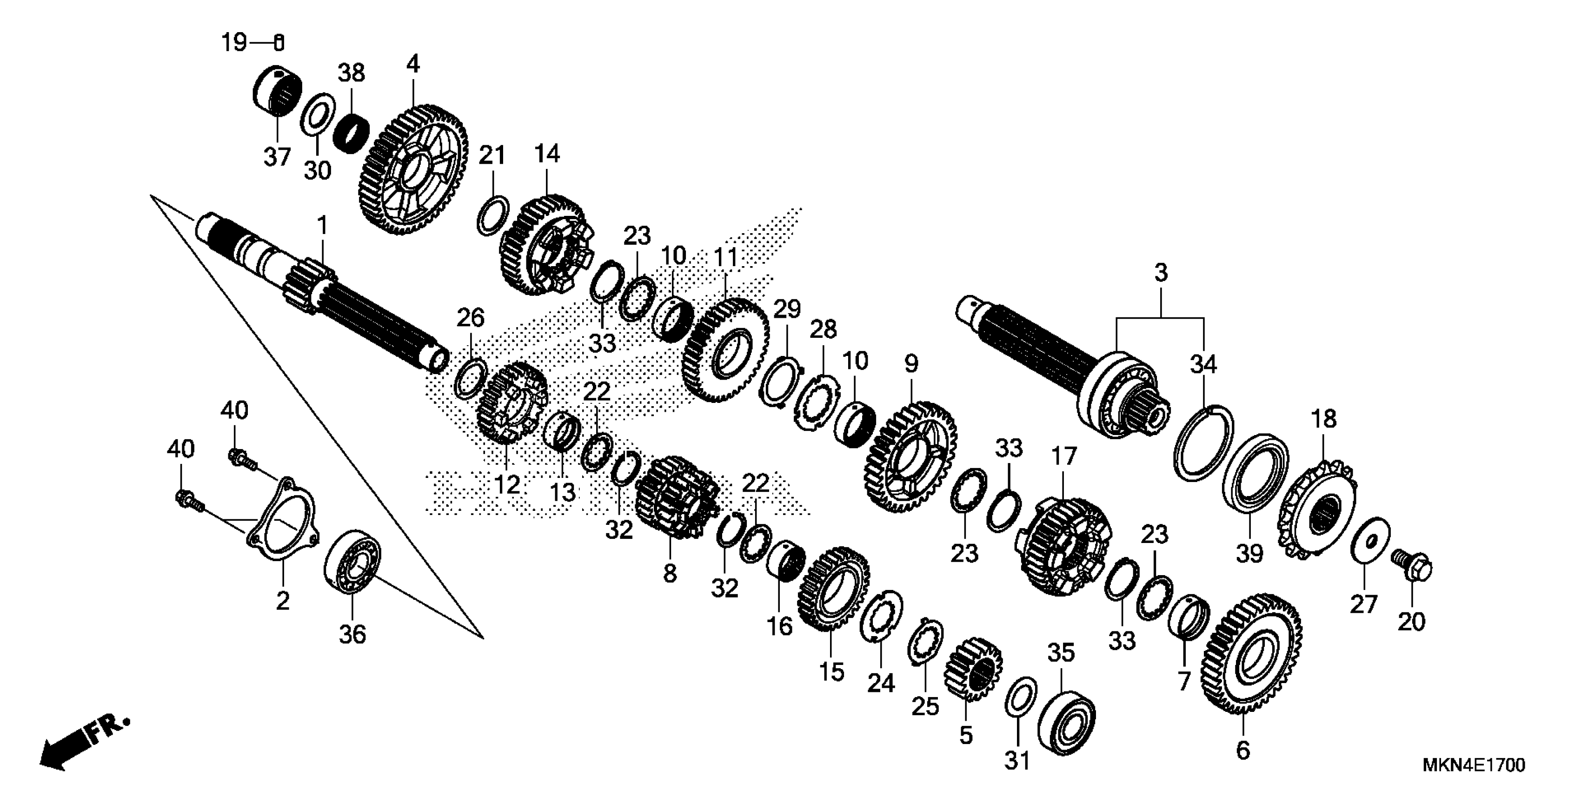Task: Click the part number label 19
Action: click(234, 43)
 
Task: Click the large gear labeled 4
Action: click(412, 171)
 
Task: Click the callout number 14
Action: click(547, 154)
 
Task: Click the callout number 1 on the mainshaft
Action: click(322, 226)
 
